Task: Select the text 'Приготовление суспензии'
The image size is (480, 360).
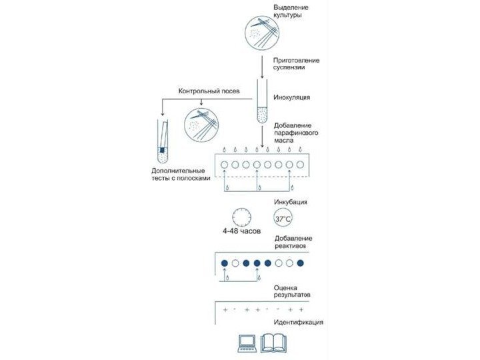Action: coord(297,65)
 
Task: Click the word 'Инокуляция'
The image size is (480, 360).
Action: coord(292,98)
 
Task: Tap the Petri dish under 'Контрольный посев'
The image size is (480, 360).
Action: coord(201,123)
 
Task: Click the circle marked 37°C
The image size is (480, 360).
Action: coord(283,218)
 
